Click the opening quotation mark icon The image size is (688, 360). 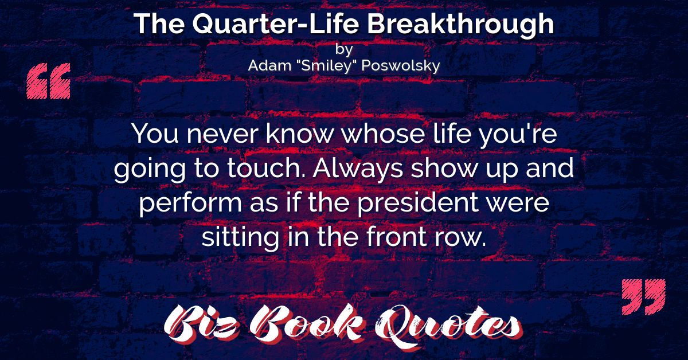point(49,81)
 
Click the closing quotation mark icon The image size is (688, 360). point(643,297)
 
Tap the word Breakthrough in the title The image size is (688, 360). point(460,25)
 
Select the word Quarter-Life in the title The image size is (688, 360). point(276,24)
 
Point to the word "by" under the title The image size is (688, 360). point(344,49)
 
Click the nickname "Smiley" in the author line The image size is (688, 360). point(326,65)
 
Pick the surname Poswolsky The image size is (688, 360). point(401,66)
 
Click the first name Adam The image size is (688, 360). point(269,65)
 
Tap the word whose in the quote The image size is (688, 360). point(384,134)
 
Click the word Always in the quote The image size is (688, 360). point(358,169)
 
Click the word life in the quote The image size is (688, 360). point(452,134)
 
